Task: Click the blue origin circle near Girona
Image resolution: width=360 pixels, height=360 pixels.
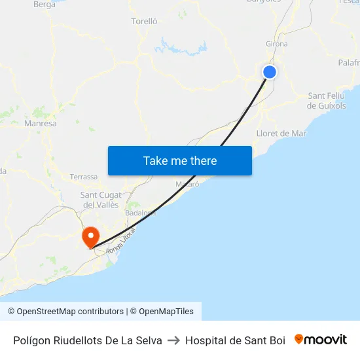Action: pyautogui.click(x=269, y=72)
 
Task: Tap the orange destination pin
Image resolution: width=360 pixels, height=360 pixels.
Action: pyautogui.click(x=89, y=236)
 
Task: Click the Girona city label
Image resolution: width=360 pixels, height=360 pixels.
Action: pyautogui.click(x=276, y=44)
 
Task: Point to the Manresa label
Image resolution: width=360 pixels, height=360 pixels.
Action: pyautogui.click(x=40, y=123)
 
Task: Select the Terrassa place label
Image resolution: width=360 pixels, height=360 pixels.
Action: pyautogui.click(x=84, y=177)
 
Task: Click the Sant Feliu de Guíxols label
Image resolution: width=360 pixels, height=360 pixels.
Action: pyautogui.click(x=327, y=101)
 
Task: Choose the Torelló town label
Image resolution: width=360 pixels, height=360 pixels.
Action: pyautogui.click(x=145, y=21)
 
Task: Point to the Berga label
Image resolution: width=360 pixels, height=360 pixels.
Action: pyautogui.click(x=44, y=4)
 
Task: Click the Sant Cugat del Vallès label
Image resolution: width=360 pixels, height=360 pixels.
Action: pyautogui.click(x=99, y=200)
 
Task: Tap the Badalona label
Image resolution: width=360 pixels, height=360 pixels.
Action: pyautogui.click(x=140, y=213)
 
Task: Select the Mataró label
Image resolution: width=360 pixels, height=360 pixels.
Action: pyautogui.click(x=187, y=185)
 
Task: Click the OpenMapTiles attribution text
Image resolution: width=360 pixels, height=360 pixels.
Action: pyautogui.click(x=166, y=312)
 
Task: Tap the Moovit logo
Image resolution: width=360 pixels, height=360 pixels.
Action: pyautogui.click(x=321, y=340)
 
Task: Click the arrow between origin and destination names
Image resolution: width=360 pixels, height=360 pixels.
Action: pyautogui.click(x=173, y=340)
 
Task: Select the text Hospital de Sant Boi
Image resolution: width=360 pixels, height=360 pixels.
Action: pyautogui.click(x=235, y=340)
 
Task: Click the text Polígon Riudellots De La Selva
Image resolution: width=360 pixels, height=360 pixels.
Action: pyautogui.click(x=88, y=340)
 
